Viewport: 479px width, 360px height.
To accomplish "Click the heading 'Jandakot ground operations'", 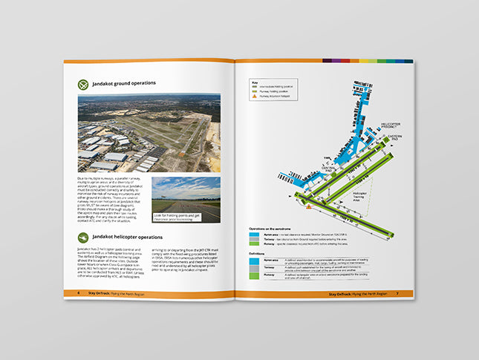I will pyautogui.click(x=137, y=85).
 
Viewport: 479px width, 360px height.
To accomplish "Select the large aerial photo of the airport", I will pyautogui.click(x=149, y=132).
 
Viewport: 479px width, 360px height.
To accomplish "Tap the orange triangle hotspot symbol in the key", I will pyautogui.click(x=255, y=96).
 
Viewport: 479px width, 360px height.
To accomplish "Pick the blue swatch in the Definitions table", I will pyautogui.click(x=256, y=260).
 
